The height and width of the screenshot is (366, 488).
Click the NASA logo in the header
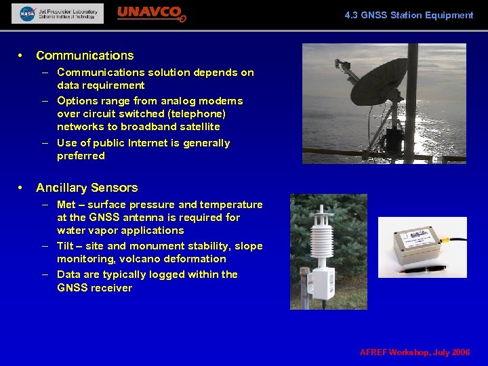click(x=27, y=14)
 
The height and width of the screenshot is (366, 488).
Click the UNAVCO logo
click(x=150, y=14)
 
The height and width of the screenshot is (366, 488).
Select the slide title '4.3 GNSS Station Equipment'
click(x=409, y=15)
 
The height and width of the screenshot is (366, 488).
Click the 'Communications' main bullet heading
click(x=85, y=56)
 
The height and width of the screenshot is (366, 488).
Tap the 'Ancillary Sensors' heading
click(x=87, y=188)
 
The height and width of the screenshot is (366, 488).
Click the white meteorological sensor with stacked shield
click(x=321, y=251)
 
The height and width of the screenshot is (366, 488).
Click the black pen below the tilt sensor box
click(x=420, y=270)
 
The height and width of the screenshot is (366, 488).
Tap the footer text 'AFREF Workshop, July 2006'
click(x=415, y=352)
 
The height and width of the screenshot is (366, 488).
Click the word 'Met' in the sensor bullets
click(x=66, y=205)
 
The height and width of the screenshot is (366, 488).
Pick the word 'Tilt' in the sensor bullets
click(x=65, y=246)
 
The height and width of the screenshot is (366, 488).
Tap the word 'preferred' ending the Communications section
click(x=81, y=156)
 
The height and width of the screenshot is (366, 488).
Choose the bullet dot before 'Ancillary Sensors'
click(x=22, y=188)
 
